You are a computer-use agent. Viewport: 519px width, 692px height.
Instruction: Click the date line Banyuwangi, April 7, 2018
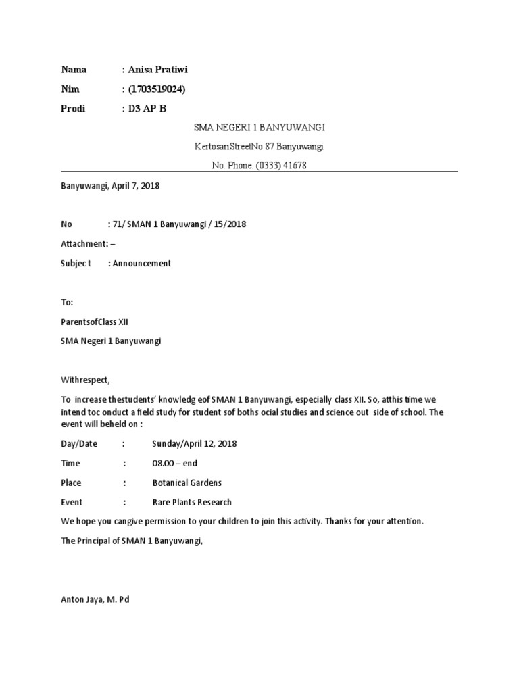point(110,185)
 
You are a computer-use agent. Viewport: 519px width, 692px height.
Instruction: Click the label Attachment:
point(84,244)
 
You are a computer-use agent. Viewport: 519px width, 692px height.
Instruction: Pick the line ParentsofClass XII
point(94,322)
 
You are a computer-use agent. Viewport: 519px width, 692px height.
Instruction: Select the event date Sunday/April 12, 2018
point(195,444)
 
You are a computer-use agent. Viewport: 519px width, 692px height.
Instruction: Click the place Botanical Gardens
point(187,483)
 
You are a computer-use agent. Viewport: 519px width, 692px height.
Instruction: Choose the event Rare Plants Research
point(192,503)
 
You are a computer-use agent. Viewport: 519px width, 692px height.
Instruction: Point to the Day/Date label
point(79,444)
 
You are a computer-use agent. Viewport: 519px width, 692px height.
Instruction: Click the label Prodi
point(73,108)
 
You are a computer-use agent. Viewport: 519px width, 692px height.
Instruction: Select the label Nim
point(70,89)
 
